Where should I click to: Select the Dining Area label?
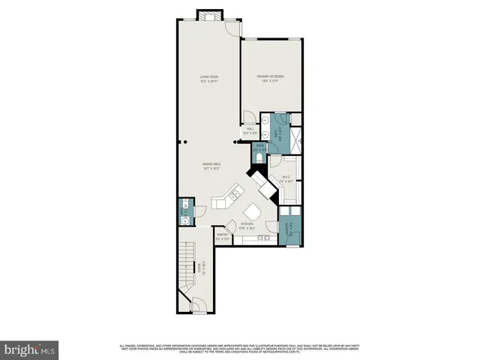211,166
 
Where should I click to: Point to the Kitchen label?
247,226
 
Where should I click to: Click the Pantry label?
223,236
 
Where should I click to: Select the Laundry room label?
289,229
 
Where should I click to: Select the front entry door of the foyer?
198,307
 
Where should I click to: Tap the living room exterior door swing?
235,28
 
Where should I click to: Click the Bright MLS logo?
29,349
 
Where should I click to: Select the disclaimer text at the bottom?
240,349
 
